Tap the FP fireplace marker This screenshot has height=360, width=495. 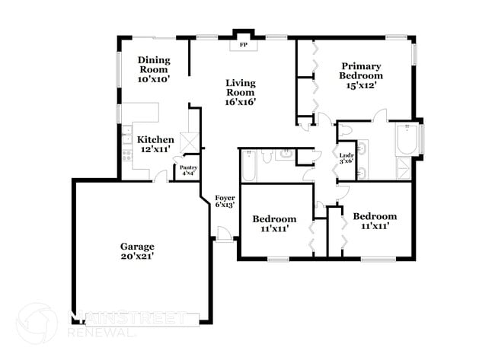pyautogui.click(x=244, y=45)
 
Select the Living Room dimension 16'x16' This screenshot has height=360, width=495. pyautogui.click(x=240, y=100)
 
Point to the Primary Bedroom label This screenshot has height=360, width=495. pyautogui.click(x=361, y=71)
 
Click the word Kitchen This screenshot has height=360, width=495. pyautogui.click(x=155, y=140)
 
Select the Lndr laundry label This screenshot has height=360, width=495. pyautogui.click(x=346, y=153)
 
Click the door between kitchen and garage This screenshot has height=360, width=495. pyautogui.click(x=161, y=176)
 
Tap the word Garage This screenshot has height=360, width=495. pyautogui.click(x=137, y=247)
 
